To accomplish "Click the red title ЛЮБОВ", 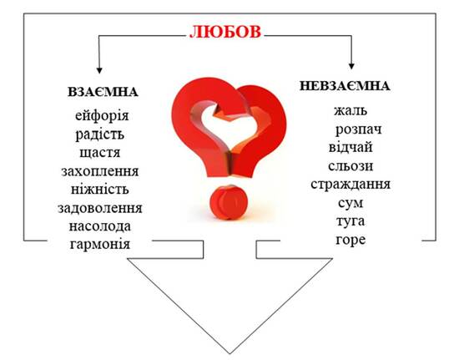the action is (225, 32).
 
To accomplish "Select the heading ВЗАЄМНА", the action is (103, 92).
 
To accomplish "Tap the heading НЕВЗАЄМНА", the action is (345, 86).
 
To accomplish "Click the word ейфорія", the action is (102, 115).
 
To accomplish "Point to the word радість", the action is (100, 134).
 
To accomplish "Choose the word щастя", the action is (100, 153).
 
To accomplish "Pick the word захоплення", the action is (100, 171).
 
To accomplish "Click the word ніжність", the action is (100, 190).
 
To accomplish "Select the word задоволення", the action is (100, 208).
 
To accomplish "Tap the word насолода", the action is (100, 226).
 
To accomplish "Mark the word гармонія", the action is (100, 244).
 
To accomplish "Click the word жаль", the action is (351, 110).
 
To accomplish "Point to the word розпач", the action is (359, 129).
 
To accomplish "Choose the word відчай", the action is (351, 147).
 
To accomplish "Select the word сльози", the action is (351, 165).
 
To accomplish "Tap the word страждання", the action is (351, 185).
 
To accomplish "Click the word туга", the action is (351, 221).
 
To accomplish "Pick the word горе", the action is (351, 240).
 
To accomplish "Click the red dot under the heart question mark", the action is (229, 202).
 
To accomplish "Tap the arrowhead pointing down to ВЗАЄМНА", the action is (99, 70).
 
